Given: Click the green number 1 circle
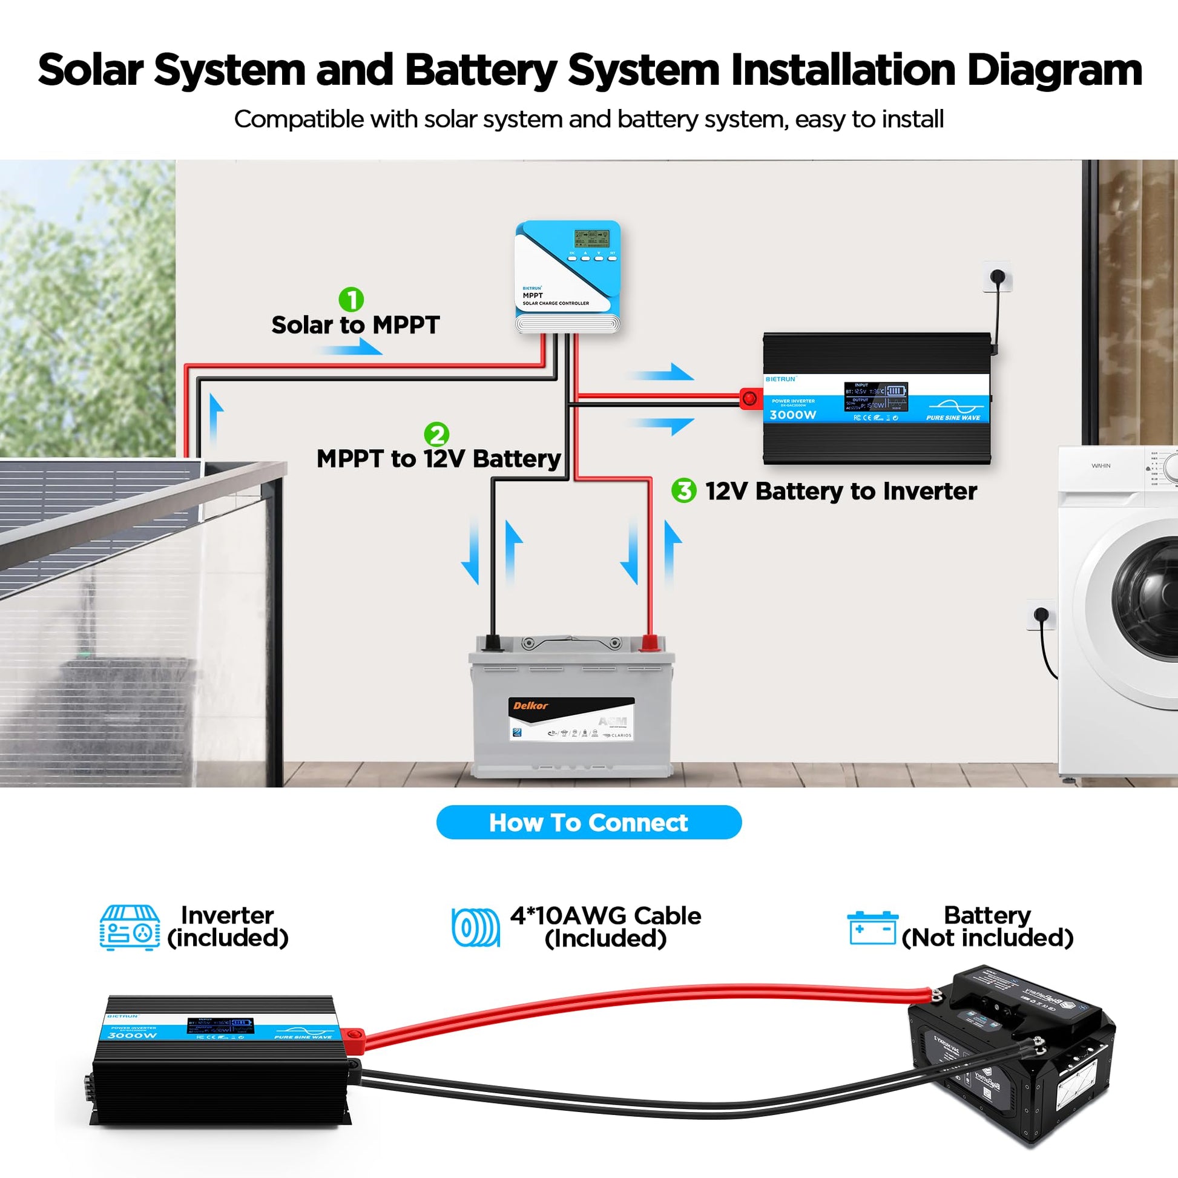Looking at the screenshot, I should (351, 300).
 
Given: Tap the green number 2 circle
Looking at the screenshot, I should (436, 434).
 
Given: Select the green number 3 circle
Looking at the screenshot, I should (683, 491).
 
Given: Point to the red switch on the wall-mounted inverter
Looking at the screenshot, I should (749, 399).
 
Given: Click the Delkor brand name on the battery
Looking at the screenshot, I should (530, 706).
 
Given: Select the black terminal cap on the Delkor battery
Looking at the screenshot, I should (492, 643).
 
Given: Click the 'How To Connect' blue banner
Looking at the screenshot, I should (589, 823).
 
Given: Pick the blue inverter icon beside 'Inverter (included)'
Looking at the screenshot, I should (130, 927).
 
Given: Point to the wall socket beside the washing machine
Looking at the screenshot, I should (1041, 614).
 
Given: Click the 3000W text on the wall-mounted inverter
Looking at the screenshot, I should (792, 415).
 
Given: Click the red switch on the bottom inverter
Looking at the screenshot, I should (353, 1033).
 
